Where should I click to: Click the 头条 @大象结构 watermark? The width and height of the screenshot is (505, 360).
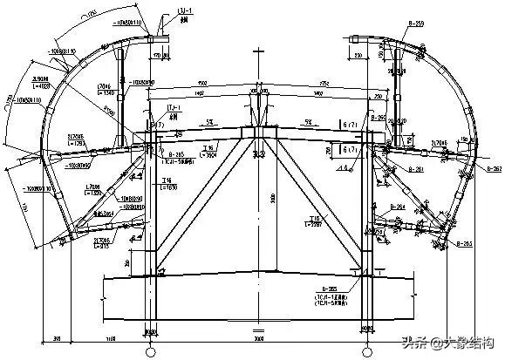coord(450,342)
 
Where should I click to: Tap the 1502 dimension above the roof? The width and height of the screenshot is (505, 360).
coord(201,83)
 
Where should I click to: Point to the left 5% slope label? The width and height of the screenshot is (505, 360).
coord(211,122)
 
